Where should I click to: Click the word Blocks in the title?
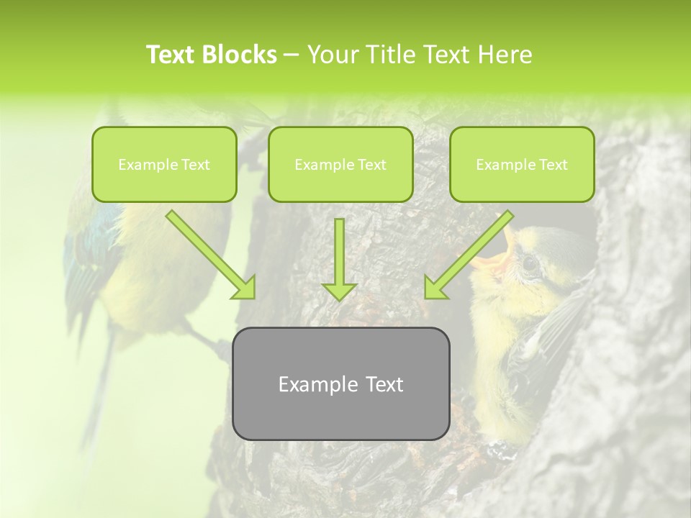(x=239, y=55)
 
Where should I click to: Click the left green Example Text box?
(x=164, y=164)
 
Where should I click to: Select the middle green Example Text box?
(x=340, y=164)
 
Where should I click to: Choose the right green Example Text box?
(x=522, y=164)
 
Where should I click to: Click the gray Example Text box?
(x=340, y=383)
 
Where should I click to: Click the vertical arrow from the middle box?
(x=339, y=259)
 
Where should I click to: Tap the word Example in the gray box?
(x=313, y=384)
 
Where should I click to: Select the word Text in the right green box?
(x=554, y=165)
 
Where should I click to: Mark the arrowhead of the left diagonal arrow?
(x=244, y=287)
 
